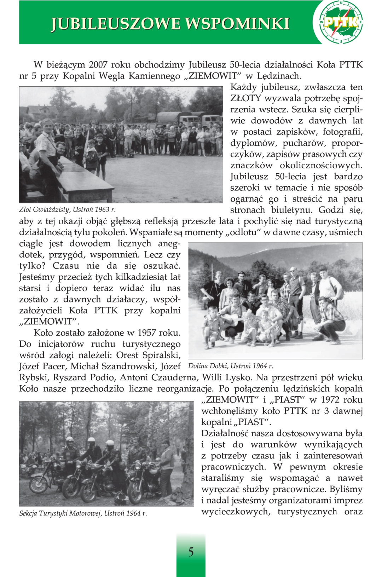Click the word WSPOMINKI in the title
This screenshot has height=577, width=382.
pyautogui.click(x=237, y=24)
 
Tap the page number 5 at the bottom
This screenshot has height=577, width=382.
pyautogui.click(x=191, y=552)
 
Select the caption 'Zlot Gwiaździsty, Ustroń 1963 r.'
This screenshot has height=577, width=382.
pyautogui.click(x=67, y=209)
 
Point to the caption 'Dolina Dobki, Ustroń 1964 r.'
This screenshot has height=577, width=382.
pyautogui.click(x=231, y=366)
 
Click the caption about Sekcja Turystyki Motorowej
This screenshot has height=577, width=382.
pyautogui.click(x=83, y=513)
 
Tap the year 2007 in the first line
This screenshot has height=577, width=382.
pyautogui.click(x=98, y=65)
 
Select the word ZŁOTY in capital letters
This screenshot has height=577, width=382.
pyautogui.click(x=246, y=98)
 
